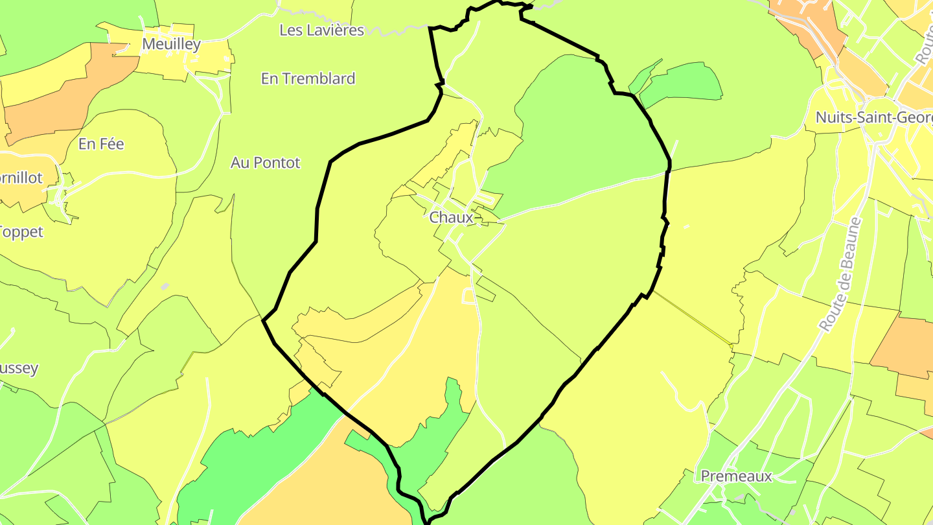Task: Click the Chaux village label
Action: [x=452, y=217]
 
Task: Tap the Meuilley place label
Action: [x=171, y=44]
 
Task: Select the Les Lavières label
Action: [x=321, y=30]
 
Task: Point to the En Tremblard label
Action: [x=308, y=78]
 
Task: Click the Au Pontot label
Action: [x=265, y=163]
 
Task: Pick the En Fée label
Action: [x=101, y=144]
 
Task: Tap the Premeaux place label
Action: [x=737, y=476]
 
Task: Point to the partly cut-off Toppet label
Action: [x=21, y=231]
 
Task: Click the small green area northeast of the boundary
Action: [x=680, y=83]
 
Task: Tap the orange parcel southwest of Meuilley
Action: [x=65, y=97]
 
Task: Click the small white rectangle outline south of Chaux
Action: [x=468, y=296]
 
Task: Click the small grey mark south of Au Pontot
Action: [x=165, y=286]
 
